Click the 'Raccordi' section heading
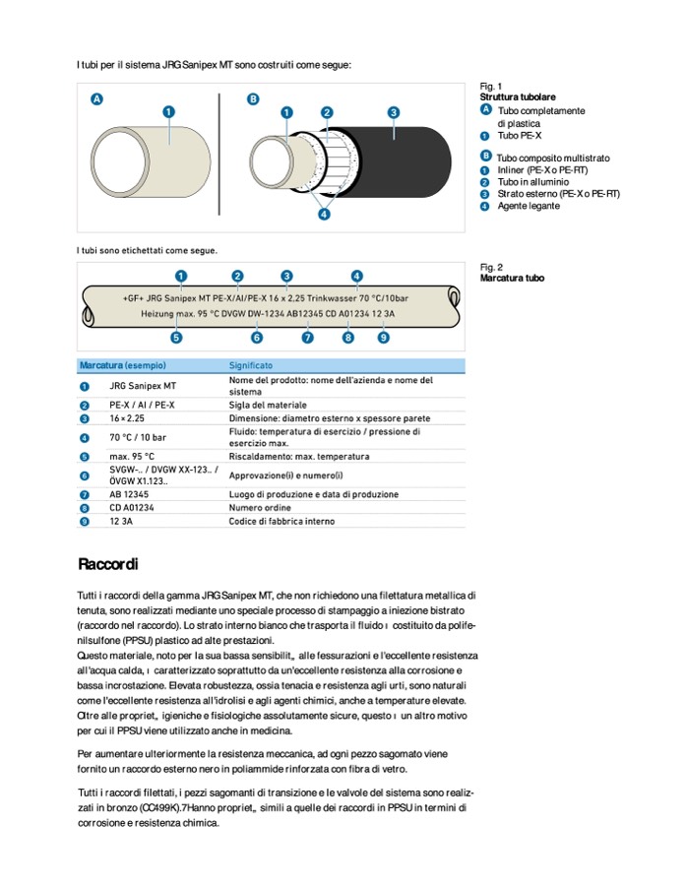(x=108, y=564)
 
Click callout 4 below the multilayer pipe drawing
(x=324, y=215)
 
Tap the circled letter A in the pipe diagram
(x=96, y=99)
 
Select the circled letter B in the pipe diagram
(x=253, y=99)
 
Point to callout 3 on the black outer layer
(x=393, y=112)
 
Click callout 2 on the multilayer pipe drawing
(x=327, y=112)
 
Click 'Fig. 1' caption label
(x=491, y=87)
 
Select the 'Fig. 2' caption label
(x=491, y=267)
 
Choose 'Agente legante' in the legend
(x=530, y=206)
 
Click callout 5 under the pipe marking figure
(x=176, y=338)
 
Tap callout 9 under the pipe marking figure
(x=383, y=338)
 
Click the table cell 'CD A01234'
(x=132, y=507)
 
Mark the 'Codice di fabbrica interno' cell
(x=281, y=521)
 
